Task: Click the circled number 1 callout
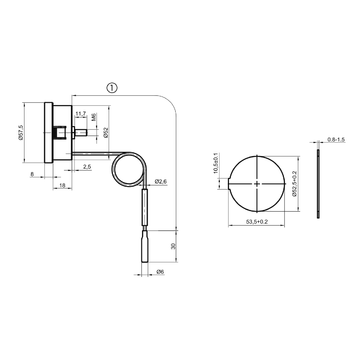pyautogui.click(x=111, y=87)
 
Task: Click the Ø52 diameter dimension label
pyautogui.click(x=106, y=130)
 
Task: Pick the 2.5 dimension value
pyautogui.click(x=87, y=166)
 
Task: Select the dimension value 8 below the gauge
pyautogui.click(x=33, y=174)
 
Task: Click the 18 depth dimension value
pyautogui.click(x=62, y=186)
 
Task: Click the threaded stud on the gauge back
pyautogui.click(x=76, y=131)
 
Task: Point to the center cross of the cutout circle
pyautogui.click(x=258, y=185)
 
